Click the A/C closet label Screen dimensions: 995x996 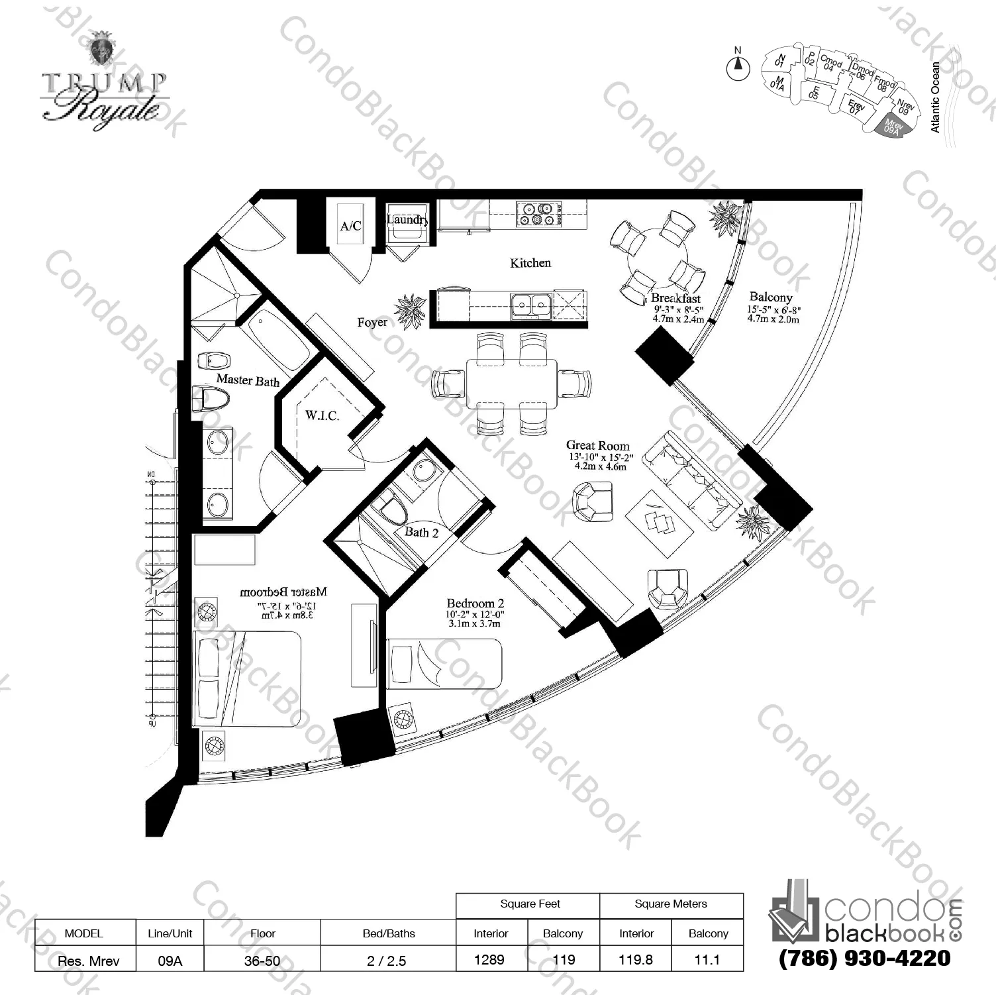[350, 226]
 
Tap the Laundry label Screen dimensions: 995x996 [406, 219]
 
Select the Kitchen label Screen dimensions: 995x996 [530, 263]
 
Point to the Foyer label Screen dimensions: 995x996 [372, 323]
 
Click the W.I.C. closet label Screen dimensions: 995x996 [322, 416]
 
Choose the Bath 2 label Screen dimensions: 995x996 [421, 532]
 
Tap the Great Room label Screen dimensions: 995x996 [597, 446]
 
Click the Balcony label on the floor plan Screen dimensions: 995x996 [770, 297]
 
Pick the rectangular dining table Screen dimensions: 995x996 [511, 384]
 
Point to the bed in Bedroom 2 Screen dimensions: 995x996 [444, 662]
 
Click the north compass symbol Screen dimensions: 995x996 [738, 66]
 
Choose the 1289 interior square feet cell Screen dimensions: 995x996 [489, 959]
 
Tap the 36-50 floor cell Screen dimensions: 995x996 [262, 960]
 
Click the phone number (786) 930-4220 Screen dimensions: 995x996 [865, 958]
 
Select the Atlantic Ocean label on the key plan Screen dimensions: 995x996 [935, 97]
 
